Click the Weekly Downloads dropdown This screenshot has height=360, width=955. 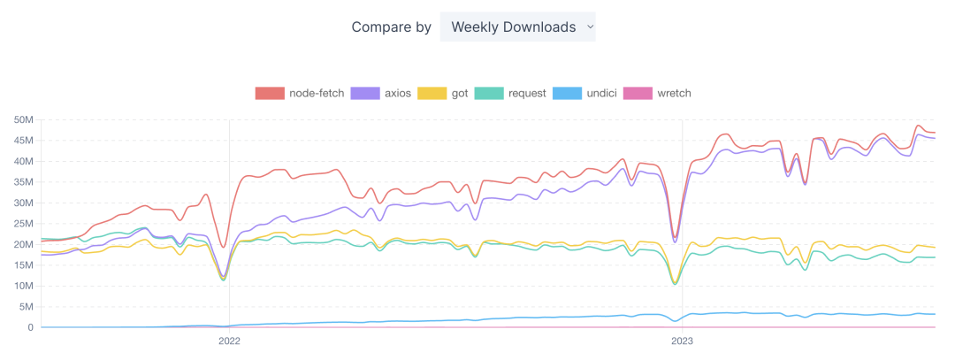(x=517, y=27)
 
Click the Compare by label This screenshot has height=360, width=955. (x=392, y=27)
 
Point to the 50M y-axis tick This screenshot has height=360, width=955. (x=24, y=119)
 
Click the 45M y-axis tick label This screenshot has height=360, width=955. (x=24, y=140)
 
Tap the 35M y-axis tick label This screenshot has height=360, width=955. (x=24, y=181)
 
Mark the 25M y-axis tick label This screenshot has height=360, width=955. (x=24, y=223)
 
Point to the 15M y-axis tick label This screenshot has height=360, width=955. (x=24, y=264)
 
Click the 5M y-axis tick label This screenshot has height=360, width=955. (x=27, y=306)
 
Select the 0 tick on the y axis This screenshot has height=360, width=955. (x=30, y=327)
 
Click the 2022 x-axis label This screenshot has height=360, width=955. (x=229, y=340)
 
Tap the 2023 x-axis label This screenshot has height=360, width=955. (x=682, y=340)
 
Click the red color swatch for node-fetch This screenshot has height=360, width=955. (x=270, y=93)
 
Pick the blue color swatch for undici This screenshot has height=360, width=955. (x=567, y=93)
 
